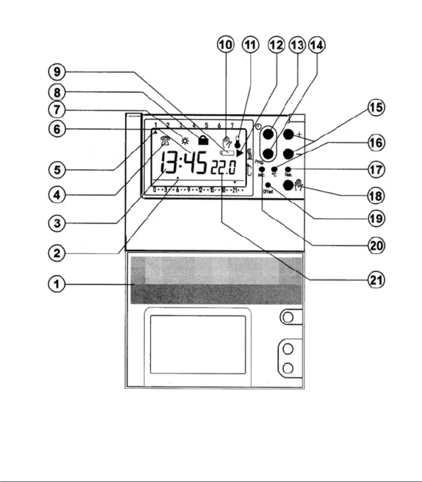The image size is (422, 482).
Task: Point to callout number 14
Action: [x=317, y=45]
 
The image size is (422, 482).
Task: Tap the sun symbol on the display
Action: [x=185, y=141]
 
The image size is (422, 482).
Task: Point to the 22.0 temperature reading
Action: [x=224, y=168]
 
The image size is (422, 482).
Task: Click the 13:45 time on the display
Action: [x=184, y=164]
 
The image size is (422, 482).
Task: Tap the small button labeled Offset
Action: [x=269, y=185]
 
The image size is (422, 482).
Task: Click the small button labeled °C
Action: [x=274, y=169]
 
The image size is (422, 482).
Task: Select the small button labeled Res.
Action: [x=288, y=169]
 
